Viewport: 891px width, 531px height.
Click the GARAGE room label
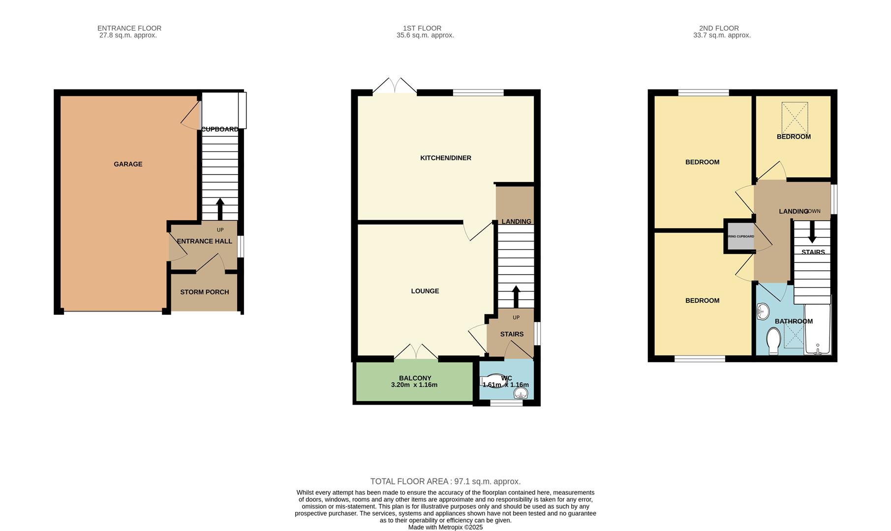click(x=128, y=164)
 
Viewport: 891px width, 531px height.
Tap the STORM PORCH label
click(x=204, y=292)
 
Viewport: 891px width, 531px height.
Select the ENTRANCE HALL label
click(x=204, y=241)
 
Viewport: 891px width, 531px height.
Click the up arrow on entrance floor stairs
click(x=220, y=208)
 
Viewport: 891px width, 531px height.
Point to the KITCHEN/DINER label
click(x=445, y=158)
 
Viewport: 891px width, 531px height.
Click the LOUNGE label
click(x=425, y=291)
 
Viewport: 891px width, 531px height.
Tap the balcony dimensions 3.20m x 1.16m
click(x=414, y=385)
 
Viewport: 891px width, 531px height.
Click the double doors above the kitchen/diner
click(x=395, y=86)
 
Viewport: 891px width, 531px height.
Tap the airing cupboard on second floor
click(x=740, y=236)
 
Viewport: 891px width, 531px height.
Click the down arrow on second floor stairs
click(x=812, y=232)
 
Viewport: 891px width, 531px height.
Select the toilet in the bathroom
click(x=773, y=341)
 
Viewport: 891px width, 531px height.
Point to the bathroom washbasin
click(x=763, y=311)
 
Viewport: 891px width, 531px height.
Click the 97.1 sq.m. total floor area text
click(x=445, y=481)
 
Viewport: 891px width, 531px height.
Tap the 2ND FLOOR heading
click(x=718, y=29)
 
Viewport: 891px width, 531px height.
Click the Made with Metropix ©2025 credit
click(x=445, y=527)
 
